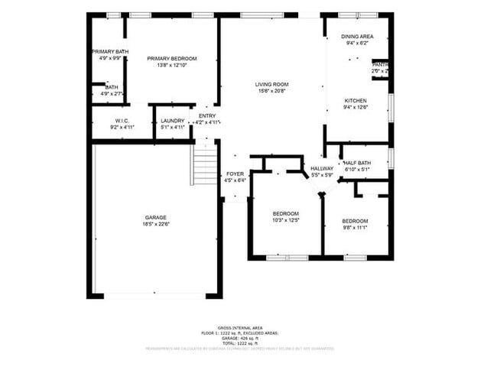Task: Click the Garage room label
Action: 155,217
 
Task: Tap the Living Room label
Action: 271,85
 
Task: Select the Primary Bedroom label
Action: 172,59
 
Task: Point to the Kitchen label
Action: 356,101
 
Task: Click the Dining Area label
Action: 356,37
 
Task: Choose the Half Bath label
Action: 357,163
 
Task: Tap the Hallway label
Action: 321,169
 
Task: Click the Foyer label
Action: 235,174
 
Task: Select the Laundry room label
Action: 172,121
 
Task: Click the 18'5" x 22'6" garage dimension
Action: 155,224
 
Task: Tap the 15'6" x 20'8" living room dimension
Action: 271,92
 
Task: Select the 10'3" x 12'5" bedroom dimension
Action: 285,220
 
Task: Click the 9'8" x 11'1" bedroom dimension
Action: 355,227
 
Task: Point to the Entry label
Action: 207,115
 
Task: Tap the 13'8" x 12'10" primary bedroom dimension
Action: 172,66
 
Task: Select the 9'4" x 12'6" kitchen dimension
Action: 356,108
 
